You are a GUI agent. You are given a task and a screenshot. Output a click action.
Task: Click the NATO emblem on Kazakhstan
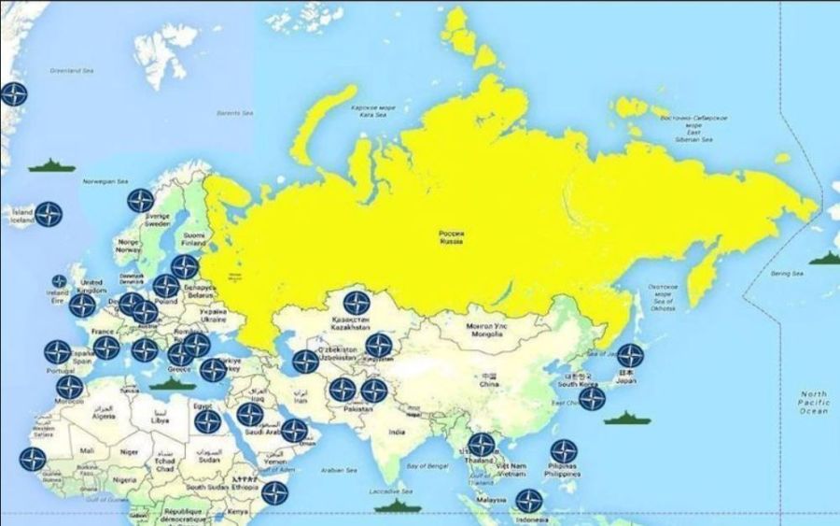pos(357,303)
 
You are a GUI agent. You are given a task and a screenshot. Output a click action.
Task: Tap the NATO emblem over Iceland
pos(49,214)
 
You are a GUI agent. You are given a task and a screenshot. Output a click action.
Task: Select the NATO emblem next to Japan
pos(630,355)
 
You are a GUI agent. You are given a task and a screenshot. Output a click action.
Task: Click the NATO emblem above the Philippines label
pos(563,451)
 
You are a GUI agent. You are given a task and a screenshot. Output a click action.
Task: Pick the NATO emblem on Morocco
pos(69,388)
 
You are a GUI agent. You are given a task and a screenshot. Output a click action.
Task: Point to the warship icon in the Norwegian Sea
pos(51,165)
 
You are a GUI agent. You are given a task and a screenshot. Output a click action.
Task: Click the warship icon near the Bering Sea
pos(822,258)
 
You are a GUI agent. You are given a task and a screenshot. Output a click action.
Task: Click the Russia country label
pos(452,237)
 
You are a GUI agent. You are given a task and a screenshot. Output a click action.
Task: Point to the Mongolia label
pos(497,329)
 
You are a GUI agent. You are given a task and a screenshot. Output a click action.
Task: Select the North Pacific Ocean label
pos(813,402)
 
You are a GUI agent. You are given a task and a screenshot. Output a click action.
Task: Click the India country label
pos(398,433)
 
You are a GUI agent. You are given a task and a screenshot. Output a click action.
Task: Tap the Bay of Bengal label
pos(428,464)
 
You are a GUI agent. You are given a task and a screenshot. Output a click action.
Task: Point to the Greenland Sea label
pos(72,71)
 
